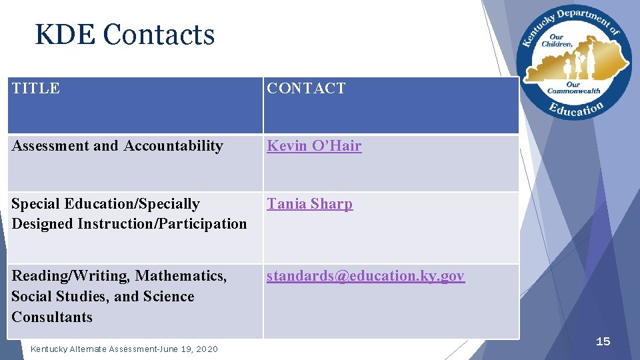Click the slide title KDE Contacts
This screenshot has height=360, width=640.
[125, 35]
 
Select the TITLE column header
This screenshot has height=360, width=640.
[36, 88]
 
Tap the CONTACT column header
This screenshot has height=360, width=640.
[306, 88]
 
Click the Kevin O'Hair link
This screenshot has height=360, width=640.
[314, 146]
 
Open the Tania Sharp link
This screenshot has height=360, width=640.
[309, 204]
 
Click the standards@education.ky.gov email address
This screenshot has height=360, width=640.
[365, 276]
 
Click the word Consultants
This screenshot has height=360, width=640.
[52, 317]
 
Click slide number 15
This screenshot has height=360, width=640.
[603, 341]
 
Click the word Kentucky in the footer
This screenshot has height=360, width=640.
[49, 349]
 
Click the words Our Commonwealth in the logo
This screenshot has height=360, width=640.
[573, 88]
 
